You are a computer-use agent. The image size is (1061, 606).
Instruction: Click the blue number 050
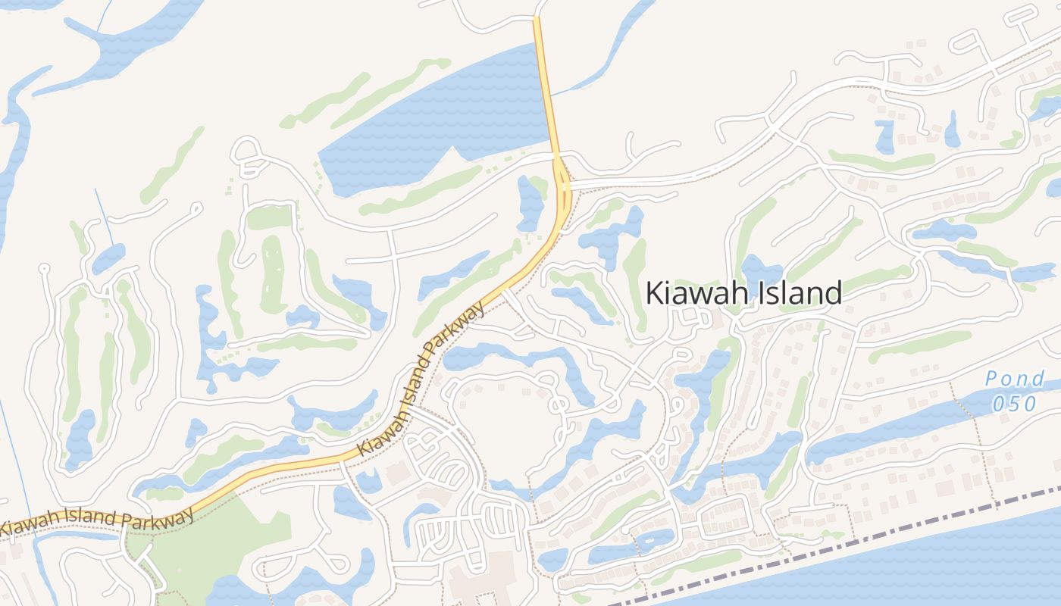1014,403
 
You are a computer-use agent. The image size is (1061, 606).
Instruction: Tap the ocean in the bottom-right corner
947,568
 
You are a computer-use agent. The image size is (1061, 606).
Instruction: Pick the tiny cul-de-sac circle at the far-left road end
44,267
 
